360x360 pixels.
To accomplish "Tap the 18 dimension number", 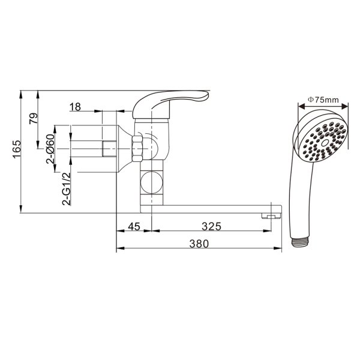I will (x=75, y=107).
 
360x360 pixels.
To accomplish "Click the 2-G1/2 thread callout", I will (x=67, y=188).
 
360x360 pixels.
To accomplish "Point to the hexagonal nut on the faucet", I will (x=137, y=148).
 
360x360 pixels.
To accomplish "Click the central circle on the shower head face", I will (x=325, y=143).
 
